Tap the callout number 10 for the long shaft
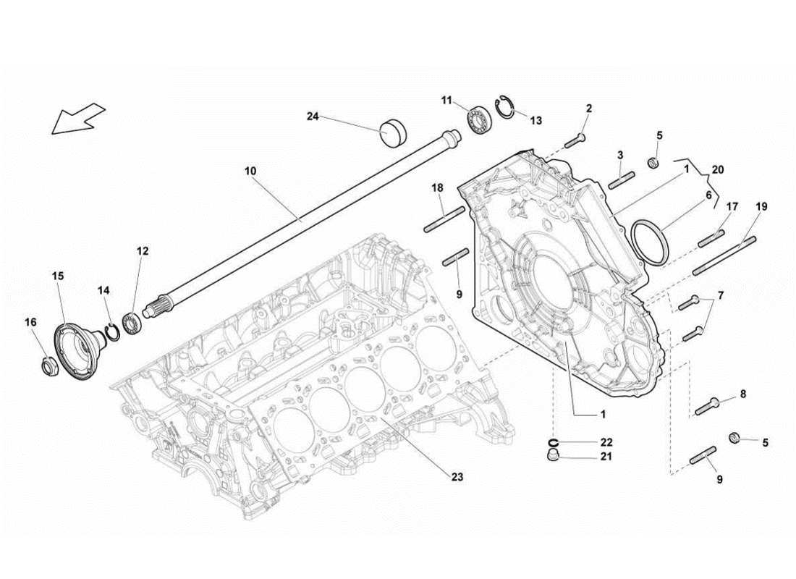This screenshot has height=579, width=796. coord(250,172)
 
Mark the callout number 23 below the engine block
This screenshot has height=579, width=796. coord(457,477)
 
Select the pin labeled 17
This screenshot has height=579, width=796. coord(711,237)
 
